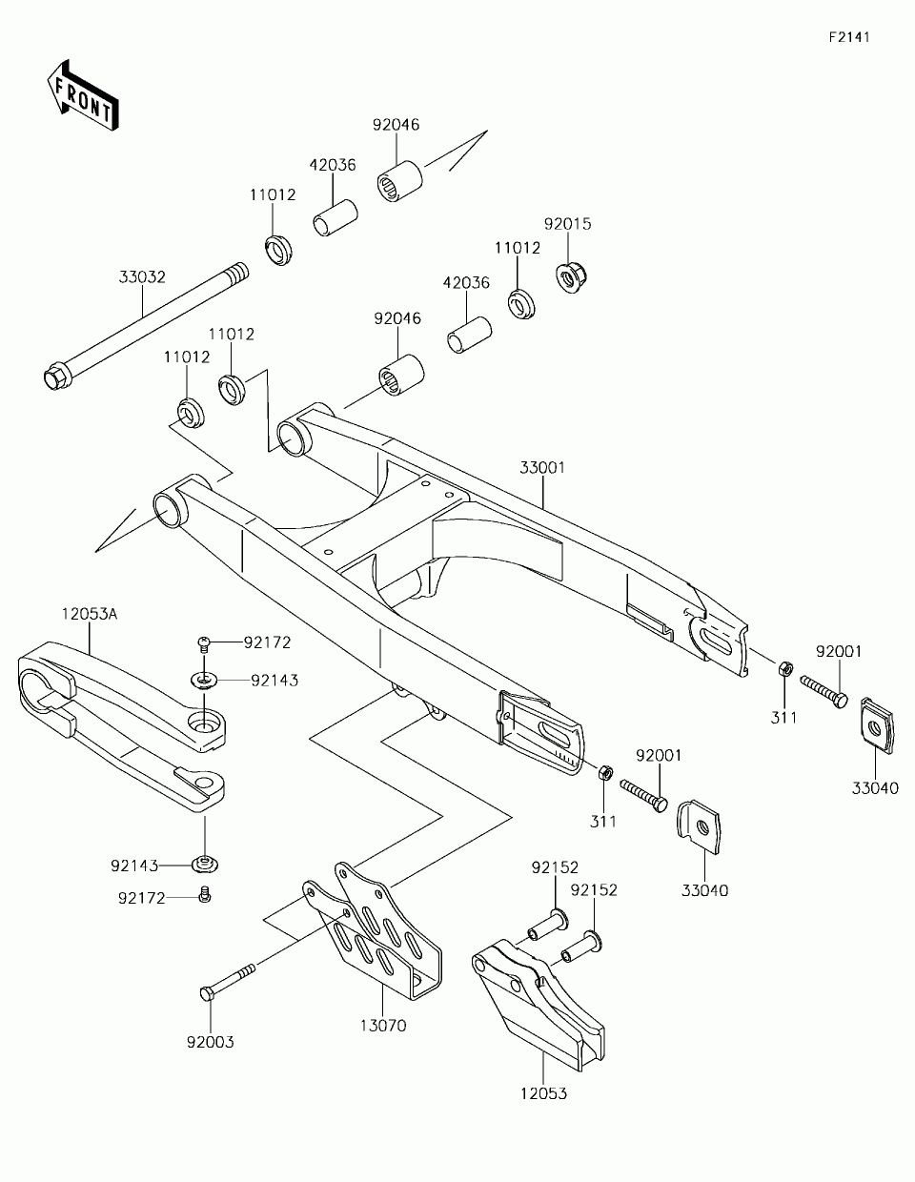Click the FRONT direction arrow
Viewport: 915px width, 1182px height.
pyautogui.click(x=83, y=96)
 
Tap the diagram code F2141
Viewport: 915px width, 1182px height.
pyautogui.click(x=849, y=37)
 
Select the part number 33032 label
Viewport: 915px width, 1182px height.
pyautogui.click(x=142, y=277)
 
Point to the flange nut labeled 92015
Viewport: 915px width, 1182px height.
pyautogui.click(x=569, y=278)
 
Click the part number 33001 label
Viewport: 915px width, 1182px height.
pyautogui.click(x=542, y=468)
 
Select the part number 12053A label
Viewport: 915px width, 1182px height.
pyautogui.click(x=90, y=614)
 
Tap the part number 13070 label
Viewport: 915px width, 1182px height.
pyautogui.click(x=383, y=1026)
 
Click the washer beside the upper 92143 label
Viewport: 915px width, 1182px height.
pyautogui.click(x=204, y=680)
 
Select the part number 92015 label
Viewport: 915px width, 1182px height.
pyautogui.click(x=568, y=224)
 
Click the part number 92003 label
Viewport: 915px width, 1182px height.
pyautogui.click(x=211, y=1042)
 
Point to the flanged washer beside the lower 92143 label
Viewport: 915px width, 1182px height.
pyautogui.click(x=205, y=864)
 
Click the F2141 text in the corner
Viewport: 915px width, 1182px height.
pyautogui.click(x=849, y=37)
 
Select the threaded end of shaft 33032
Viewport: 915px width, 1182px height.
pyautogui.click(x=238, y=271)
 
